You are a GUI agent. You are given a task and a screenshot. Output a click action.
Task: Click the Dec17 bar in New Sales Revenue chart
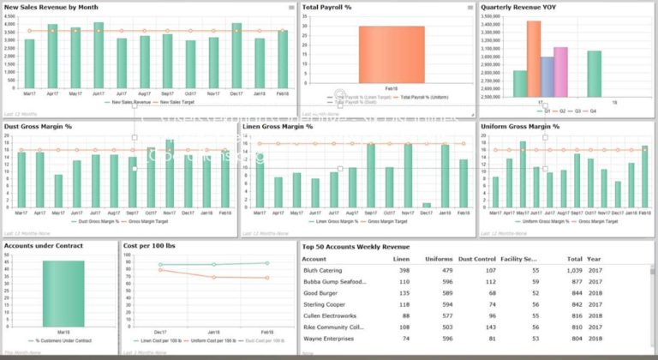coord(236,55)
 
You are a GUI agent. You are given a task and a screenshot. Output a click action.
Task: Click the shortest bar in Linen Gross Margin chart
coord(426,205)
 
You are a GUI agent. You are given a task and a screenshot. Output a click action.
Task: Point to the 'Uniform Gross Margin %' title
coord(520,127)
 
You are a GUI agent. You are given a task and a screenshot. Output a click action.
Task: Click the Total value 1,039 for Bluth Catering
coord(574,270)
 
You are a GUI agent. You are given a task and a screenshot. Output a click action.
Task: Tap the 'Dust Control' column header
coord(476,258)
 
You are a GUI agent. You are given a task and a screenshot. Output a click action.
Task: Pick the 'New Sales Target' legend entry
coord(177,102)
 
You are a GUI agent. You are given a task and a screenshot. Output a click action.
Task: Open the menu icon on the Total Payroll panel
coord(470,8)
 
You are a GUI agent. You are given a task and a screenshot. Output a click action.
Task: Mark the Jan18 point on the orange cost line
coord(214,277)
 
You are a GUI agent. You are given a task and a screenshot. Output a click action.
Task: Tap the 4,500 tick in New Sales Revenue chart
coord(10,15)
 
